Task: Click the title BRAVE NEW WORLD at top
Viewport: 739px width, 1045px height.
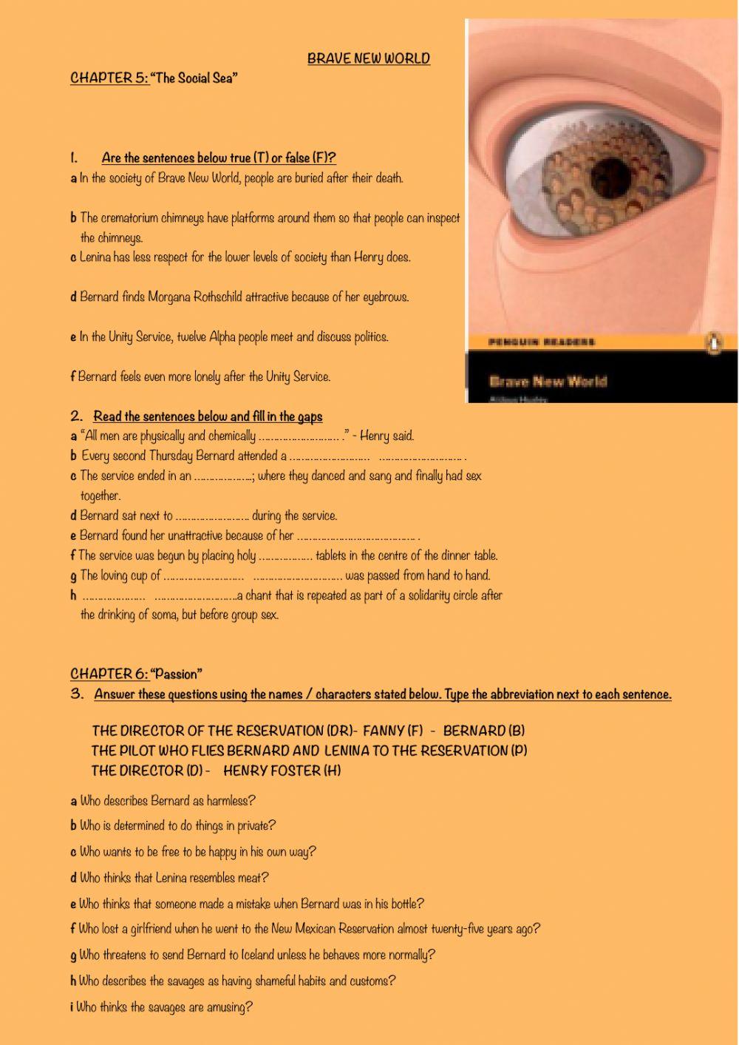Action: click(368, 59)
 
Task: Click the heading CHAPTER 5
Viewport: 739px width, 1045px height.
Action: click(109, 78)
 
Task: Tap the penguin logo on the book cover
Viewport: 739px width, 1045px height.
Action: click(713, 343)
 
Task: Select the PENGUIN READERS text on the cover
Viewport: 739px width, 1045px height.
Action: click(542, 342)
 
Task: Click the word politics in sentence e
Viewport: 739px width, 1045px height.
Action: click(369, 337)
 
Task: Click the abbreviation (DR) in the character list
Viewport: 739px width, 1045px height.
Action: click(340, 731)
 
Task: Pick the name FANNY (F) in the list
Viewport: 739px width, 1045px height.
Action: click(393, 731)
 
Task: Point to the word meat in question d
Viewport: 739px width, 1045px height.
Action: click(253, 878)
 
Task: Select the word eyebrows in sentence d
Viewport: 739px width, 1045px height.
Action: click(385, 297)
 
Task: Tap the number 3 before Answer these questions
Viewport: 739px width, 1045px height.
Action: click(77, 694)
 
